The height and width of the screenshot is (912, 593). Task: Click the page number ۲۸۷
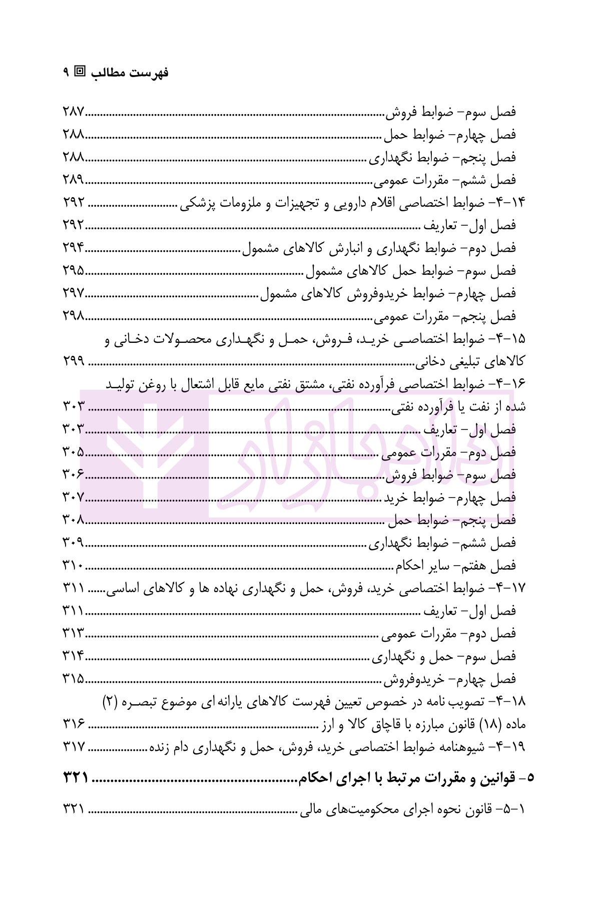pyautogui.click(x=75, y=112)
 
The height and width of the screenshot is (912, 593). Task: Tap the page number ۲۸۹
pyautogui.click(x=75, y=180)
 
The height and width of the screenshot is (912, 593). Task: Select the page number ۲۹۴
pyautogui.click(x=75, y=248)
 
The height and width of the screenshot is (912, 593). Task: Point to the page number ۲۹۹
pyautogui.click(x=75, y=361)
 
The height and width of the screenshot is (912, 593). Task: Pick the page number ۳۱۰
pyautogui.click(x=74, y=566)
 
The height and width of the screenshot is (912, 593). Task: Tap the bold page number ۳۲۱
pyautogui.click(x=76, y=777)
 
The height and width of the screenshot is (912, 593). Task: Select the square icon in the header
pyautogui.click(x=80, y=72)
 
